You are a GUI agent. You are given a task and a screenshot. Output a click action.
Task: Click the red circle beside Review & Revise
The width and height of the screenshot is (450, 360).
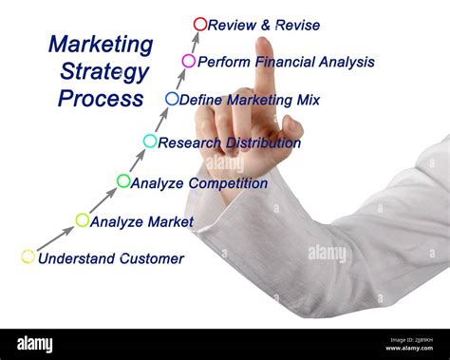(x=199, y=24)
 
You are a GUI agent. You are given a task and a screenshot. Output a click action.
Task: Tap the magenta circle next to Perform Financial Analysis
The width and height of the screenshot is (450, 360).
(x=189, y=61)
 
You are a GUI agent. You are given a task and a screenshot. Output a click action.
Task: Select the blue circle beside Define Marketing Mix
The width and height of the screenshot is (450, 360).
(x=172, y=98)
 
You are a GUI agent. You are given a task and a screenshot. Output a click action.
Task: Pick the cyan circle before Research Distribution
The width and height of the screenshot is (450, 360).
(x=150, y=142)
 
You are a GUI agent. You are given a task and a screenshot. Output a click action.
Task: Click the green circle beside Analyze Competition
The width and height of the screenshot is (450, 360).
(x=123, y=180)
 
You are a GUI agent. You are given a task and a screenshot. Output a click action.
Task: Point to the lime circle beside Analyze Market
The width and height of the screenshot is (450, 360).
(x=83, y=220)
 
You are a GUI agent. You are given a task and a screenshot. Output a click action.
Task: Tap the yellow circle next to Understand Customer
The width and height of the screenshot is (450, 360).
(x=28, y=256)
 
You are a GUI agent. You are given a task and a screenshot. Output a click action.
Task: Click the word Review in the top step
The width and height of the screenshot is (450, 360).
(x=232, y=26)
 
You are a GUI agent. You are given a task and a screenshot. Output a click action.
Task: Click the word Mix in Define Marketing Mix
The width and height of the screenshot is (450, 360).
(x=306, y=99)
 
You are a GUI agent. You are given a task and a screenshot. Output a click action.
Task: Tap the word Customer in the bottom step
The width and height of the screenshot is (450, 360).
(x=151, y=258)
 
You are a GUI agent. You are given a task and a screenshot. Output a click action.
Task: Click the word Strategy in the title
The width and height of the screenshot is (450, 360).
(x=104, y=71)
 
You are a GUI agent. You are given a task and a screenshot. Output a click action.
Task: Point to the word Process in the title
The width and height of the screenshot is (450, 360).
(x=101, y=98)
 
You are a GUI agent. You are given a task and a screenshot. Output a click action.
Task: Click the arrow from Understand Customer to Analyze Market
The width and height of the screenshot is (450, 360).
(x=55, y=238)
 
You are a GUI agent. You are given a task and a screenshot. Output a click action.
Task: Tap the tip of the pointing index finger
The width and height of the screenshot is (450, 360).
(x=263, y=44)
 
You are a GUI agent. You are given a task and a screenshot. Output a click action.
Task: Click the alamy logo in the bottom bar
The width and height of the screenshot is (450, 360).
(x=33, y=344)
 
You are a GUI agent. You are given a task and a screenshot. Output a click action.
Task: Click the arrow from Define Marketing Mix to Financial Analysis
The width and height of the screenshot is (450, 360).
(x=180, y=79)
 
